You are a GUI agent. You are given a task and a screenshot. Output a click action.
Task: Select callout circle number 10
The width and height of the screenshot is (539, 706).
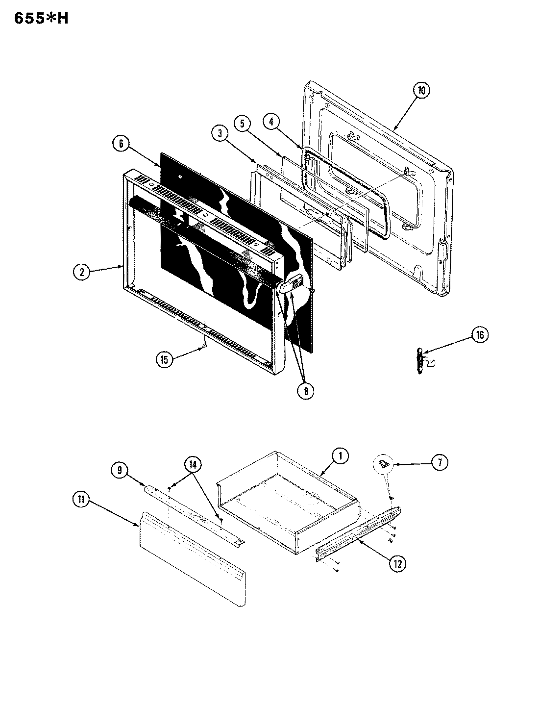point(421,90)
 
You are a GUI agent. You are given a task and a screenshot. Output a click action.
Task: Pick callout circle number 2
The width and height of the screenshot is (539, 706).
point(82,272)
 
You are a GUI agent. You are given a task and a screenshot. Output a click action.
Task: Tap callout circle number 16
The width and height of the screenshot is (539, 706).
point(480,335)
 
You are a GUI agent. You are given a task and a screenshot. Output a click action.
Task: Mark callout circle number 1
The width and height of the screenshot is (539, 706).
point(340,456)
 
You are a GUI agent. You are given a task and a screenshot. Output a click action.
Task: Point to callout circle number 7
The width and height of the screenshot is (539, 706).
point(439,462)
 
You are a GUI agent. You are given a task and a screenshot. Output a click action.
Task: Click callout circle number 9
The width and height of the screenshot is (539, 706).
point(120,470)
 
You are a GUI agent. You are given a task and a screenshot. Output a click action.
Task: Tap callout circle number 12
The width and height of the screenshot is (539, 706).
point(397,564)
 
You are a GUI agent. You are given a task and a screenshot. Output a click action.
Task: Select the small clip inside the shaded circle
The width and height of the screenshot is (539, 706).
point(385,462)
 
